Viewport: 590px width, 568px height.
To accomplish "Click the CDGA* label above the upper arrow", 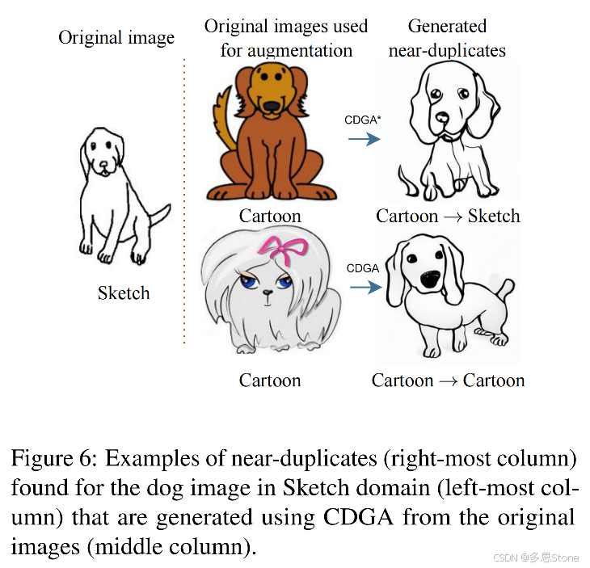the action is pos(363,120).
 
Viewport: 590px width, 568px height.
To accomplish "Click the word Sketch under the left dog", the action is pos(124,293).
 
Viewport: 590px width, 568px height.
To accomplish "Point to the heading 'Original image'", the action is pos(116,38).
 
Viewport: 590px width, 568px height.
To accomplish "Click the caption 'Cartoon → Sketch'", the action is pos(448,216).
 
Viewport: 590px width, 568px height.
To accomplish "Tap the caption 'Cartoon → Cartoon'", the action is pos(448,380).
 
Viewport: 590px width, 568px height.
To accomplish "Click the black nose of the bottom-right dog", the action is pos(430,280).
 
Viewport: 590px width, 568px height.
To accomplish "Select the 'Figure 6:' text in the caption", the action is pos(53,460).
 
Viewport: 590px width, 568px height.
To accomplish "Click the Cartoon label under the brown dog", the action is pos(270,216).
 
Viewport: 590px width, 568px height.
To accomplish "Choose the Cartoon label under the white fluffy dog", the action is pos(270,380).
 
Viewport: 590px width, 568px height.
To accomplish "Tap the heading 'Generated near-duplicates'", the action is pos(447,38).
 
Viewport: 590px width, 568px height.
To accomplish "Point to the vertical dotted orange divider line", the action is pos(184,202).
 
